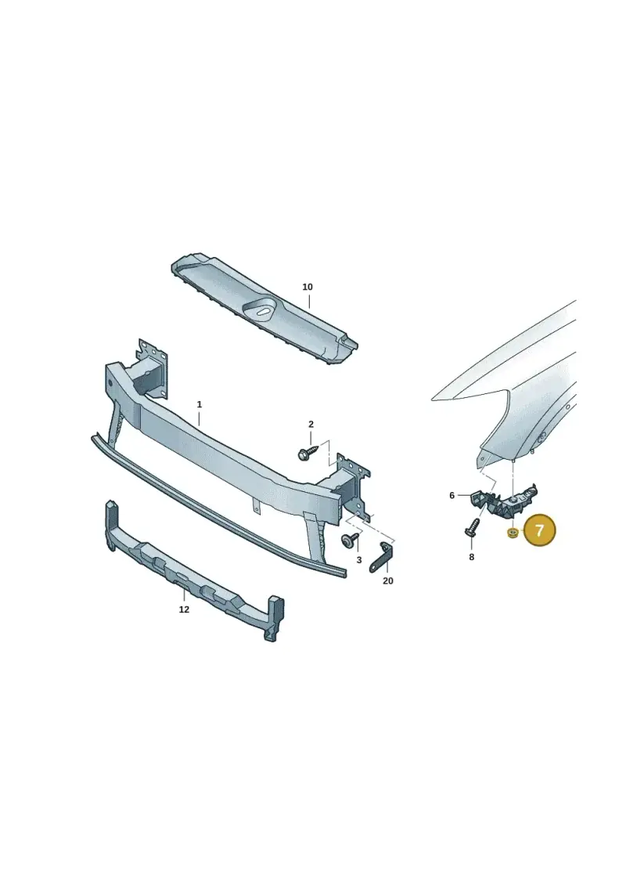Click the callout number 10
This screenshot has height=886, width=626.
(307, 287)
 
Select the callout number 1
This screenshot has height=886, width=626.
(200, 404)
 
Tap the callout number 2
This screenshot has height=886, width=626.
(311, 425)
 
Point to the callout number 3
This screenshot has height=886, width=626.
(359, 560)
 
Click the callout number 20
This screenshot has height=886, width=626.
(388, 580)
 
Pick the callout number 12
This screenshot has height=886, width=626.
(184, 609)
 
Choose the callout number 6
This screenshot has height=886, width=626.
(452, 496)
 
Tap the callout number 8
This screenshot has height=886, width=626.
(471, 557)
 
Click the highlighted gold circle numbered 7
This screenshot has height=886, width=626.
(540, 530)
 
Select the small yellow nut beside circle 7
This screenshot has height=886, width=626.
(513, 532)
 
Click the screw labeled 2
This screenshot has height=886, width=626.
(308, 451)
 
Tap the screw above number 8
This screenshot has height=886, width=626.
(472, 528)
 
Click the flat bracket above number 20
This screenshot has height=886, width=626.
(381, 559)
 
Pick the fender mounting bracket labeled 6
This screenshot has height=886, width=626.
(503, 500)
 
